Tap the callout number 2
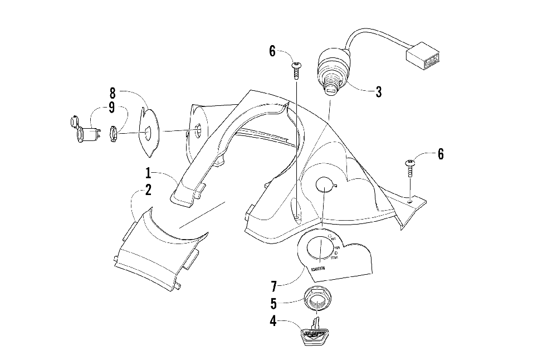[x=149, y=190]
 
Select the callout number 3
[x=379, y=92]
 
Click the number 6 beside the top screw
[x=272, y=51]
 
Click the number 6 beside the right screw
[x=441, y=154]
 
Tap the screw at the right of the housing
[x=411, y=167]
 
